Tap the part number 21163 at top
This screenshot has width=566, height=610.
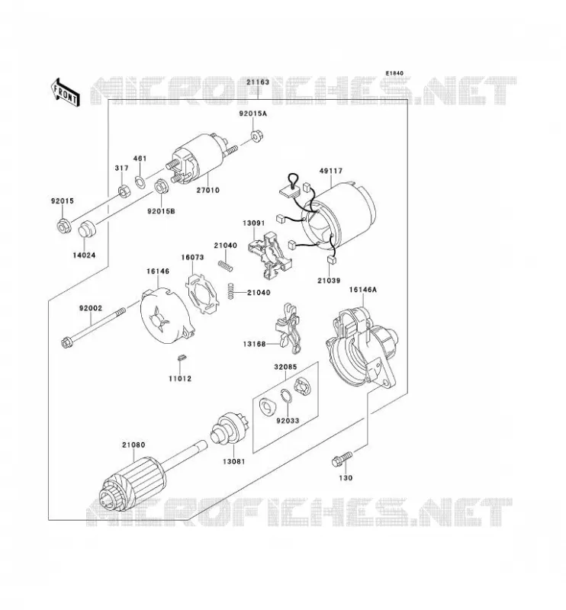click(x=258, y=82)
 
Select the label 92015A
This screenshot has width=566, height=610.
click(x=253, y=114)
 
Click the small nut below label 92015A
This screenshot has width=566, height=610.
click(x=256, y=136)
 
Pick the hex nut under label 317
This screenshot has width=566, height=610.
click(x=124, y=191)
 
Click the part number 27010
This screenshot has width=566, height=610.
click(x=207, y=190)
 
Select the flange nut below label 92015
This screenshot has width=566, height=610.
click(x=64, y=226)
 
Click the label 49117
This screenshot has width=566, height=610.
click(x=331, y=171)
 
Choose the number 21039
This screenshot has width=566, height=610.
click(x=329, y=281)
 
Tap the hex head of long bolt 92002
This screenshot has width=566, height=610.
click(x=66, y=343)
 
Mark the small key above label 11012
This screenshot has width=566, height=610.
click(x=181, y=357)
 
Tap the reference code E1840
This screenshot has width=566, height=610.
click(x=394, y=73)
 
